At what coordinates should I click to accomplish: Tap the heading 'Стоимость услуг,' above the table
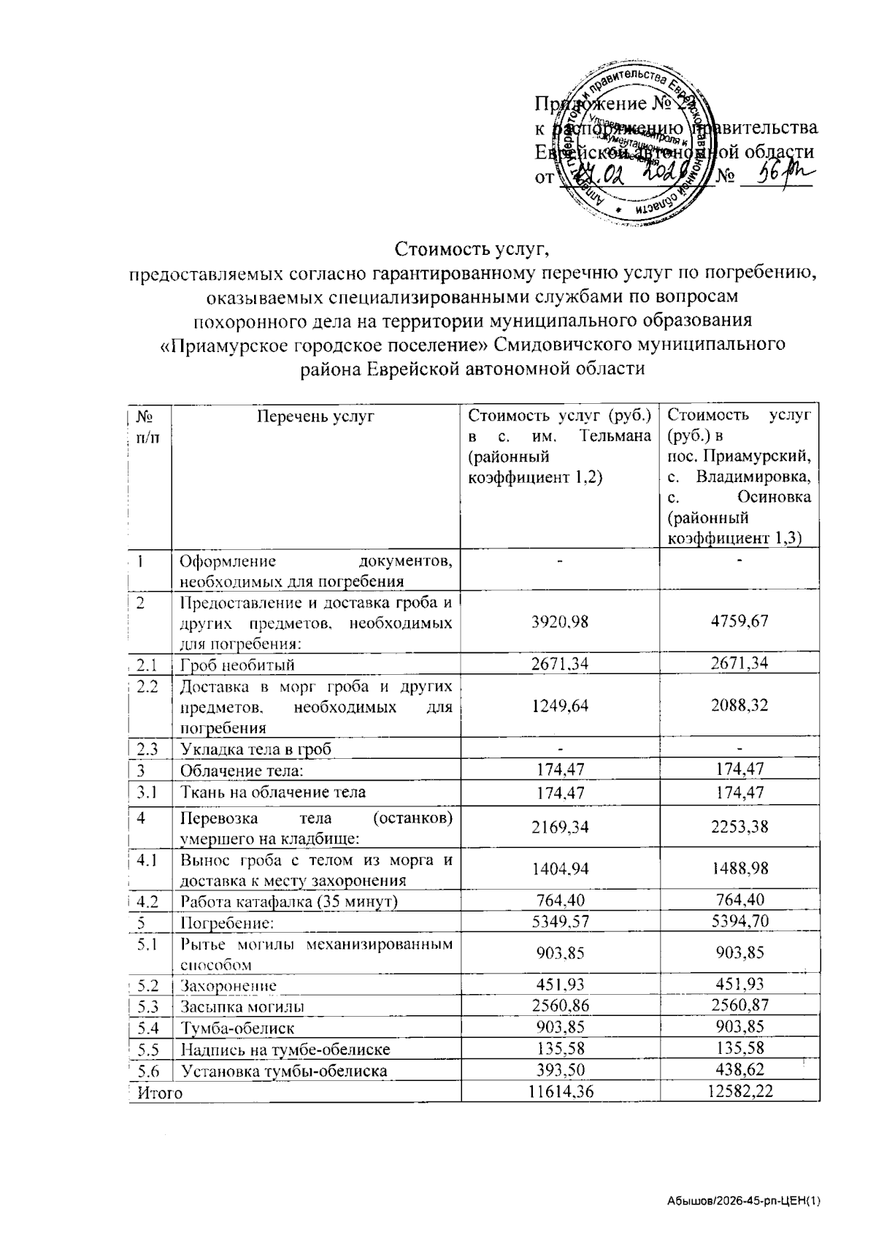(472, 250)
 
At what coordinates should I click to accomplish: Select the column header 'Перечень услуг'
(315, 416)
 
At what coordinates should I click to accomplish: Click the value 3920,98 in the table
(561, 622)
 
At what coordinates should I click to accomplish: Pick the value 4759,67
(740, 622)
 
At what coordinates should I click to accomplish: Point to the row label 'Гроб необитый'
(238, 665)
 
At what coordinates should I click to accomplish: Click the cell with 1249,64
(561, 706)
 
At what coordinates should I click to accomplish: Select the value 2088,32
(740, 706)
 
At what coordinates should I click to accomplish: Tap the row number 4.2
(149, 901)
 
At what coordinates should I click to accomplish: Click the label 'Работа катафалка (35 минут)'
(289, 901)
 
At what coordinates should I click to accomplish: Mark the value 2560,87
(740, 1006)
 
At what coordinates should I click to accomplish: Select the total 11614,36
(561, 1092)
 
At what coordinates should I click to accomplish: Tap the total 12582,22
(740, 1092)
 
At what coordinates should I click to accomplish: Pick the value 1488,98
(740, 868)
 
